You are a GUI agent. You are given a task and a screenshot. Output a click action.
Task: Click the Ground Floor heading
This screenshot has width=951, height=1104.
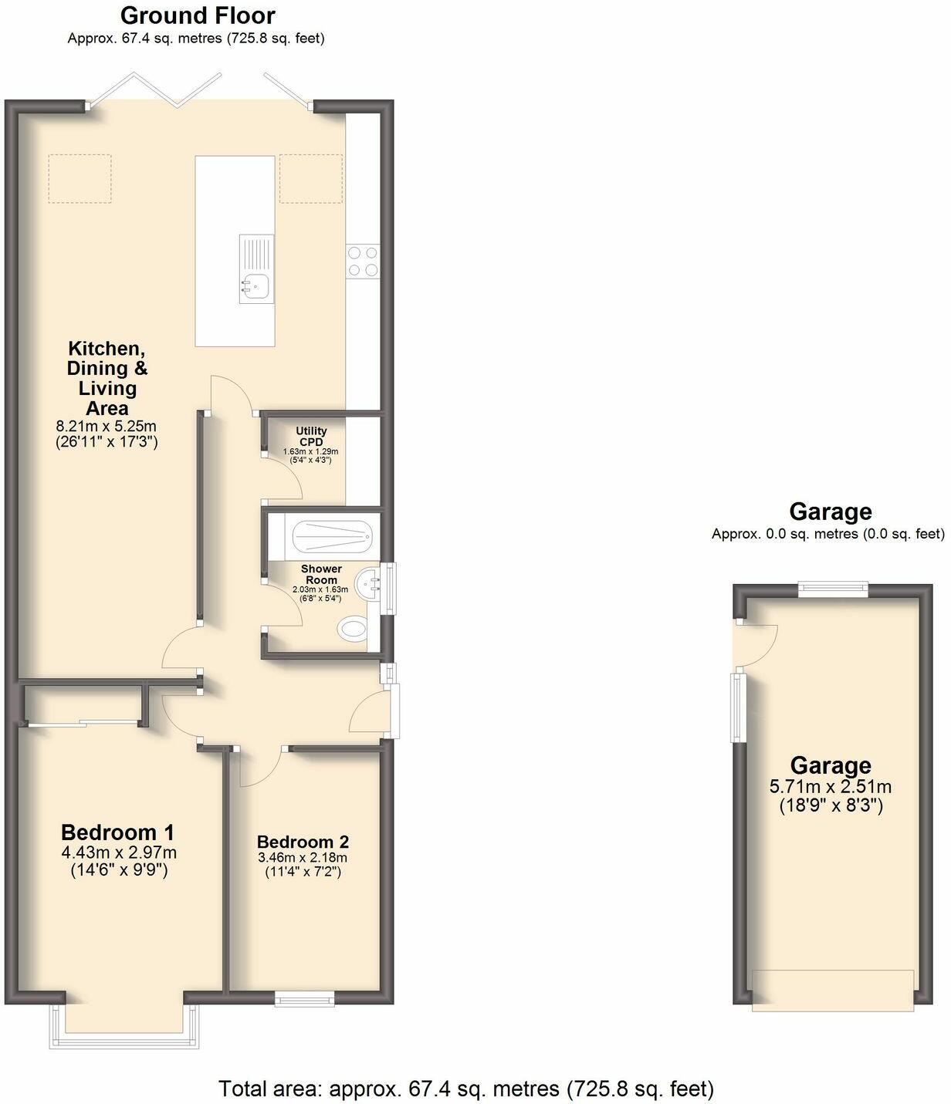198,15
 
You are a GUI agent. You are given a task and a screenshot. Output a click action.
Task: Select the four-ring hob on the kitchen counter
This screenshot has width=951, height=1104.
363,260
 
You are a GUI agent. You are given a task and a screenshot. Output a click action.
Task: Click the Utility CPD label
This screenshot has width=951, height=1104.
312,436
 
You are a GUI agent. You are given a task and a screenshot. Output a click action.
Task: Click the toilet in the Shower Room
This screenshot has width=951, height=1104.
353,630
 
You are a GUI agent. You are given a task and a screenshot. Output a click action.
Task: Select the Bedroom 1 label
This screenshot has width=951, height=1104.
117,832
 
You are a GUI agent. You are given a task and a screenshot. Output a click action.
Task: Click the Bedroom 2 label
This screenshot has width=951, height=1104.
303,842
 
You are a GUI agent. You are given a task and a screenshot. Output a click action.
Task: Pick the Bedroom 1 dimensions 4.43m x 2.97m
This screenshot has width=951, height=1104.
119,852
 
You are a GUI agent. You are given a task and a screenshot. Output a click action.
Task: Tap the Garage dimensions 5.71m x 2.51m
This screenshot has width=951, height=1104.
831,787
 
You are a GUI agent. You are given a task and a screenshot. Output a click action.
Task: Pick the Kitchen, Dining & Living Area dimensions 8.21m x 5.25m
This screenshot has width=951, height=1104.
107,426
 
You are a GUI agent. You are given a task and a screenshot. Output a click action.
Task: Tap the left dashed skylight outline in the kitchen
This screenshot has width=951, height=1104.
80,178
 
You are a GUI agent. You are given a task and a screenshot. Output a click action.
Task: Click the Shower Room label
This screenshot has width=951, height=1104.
321,574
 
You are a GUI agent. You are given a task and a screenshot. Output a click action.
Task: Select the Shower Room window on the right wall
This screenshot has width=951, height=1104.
391,589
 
